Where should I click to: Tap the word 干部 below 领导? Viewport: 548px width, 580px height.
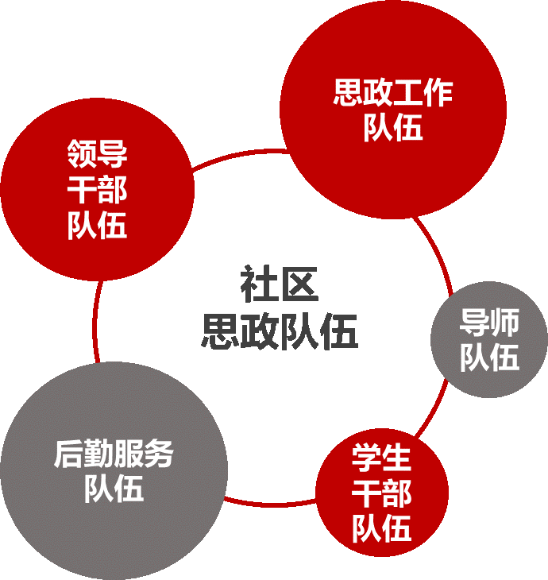pyautogui.click(x=97, y=191)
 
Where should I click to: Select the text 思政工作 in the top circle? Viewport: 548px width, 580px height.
pyautogui.click(x=393, y=94)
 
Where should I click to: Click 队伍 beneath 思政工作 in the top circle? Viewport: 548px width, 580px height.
pyautogui.click(x=393, y=127)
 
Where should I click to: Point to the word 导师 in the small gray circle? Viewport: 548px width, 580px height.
pyautogui.click(x=489, y=323)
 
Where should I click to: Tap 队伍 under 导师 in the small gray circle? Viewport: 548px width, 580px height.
pyautogui.click(x=489, y=358)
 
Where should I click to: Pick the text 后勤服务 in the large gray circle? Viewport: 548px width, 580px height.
pyautogui.click(x=114, y=454)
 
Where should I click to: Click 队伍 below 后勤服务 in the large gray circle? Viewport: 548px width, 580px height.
pyautogui.click(x=114, y=488)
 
